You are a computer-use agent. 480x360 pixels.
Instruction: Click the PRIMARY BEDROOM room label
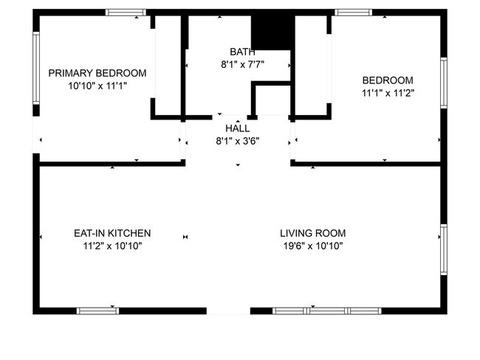pos(97,73)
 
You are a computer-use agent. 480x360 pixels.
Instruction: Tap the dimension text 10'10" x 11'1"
pos(97,86)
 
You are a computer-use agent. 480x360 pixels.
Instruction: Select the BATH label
pos(242,52)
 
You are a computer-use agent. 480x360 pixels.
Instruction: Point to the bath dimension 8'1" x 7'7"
pos(242,64)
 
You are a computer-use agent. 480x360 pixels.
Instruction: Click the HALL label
pos(237,128)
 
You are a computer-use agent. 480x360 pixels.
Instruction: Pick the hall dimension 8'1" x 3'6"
pos(237,140)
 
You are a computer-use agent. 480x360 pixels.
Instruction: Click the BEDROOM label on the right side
pos(387,80)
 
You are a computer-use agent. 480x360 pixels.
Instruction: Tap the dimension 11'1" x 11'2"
pos(387,93)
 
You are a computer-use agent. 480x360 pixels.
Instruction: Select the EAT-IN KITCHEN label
pos(112,233)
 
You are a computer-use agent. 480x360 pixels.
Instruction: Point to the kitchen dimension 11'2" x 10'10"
pos(112,246)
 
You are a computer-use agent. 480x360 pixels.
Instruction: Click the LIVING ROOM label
pos(313,233)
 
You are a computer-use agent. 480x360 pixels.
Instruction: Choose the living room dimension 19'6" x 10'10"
pos(313,246)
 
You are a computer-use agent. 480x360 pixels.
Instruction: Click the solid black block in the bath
pos(272,32)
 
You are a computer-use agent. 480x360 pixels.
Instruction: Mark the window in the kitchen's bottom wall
pos(98,311)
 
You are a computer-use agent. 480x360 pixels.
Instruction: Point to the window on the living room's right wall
pos(443,249)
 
